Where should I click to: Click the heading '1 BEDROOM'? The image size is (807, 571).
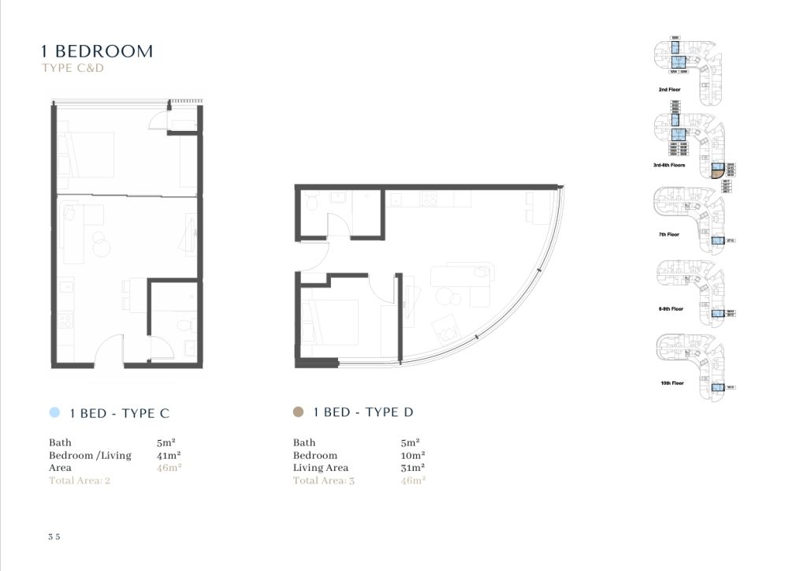(x=97, y=51)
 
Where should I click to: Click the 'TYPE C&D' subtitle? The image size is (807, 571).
(x=73, y=69)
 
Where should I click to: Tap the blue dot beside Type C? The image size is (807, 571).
(x=54, y=412)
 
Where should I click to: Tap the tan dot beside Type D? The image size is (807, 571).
(x=298, y=412)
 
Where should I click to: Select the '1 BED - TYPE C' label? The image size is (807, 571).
(x=120, y=412)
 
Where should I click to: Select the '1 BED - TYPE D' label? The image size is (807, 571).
(x=363, y=412)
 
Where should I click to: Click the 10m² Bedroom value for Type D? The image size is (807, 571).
(x=413, y=455)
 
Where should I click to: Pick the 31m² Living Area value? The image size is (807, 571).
(x=413, y=468)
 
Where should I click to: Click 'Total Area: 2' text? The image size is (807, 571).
(x=80, y=480)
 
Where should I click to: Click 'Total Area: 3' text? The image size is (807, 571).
(x=324, y=480)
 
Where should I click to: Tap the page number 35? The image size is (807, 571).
(x=54, y=536)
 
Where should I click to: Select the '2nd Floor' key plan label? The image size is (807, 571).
(x=669, y=90)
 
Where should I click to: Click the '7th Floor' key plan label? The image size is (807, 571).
(x=668, y=234)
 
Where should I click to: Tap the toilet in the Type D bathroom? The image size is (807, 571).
(x=312, y=203)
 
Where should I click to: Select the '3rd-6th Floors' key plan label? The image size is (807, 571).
(x=669, y=165)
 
